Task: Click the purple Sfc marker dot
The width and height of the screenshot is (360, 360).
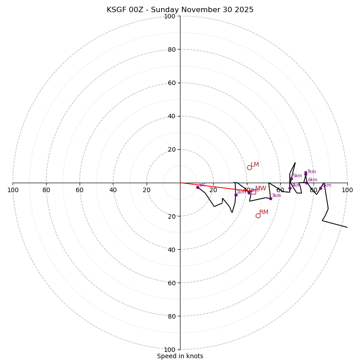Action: tap(198, 187)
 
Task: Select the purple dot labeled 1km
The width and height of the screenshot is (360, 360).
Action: tap(236, 195)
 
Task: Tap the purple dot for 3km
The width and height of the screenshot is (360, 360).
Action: tap(270, 198)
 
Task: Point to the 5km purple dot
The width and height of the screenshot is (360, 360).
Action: tap(291, 179)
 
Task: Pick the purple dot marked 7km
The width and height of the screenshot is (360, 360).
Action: tap(306, 175)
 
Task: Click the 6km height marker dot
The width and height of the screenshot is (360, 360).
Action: tap(306, 183)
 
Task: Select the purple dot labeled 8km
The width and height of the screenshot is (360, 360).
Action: tap(320, 188)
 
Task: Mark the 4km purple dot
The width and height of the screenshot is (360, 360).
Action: tap(290, 188)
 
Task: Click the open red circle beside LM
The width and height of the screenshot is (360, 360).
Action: tap(249, 167)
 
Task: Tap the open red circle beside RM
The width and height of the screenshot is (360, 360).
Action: tap(258, 216)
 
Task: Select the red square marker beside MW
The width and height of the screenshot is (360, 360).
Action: tap(253, 192)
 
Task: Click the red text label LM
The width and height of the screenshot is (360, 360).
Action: tap(255, 165)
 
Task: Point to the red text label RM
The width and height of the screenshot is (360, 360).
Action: tap(264, 212)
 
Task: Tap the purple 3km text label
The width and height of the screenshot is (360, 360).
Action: tap(276, 195)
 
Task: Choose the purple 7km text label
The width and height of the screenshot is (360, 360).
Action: tap(311, 171)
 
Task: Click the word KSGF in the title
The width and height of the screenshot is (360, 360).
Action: tap(118, 10)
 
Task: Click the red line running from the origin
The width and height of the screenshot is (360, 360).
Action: tap(211, 187)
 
